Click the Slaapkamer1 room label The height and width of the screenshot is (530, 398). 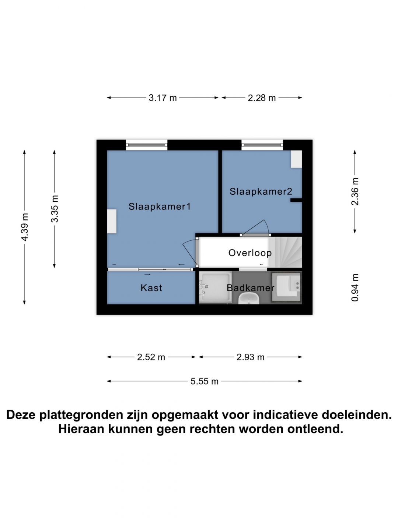point(160,207)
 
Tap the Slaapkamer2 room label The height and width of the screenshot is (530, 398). point(261,191)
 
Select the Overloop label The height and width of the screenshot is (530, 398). point(250,253)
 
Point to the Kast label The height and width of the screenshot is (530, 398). point(151,288)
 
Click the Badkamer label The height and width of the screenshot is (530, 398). point(250,288)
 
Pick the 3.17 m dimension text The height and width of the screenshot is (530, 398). point(163,98)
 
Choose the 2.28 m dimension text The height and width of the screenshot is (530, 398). point(262,98)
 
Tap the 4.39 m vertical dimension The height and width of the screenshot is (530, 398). point(25,227)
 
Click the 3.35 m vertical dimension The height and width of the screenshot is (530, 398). point(55,209)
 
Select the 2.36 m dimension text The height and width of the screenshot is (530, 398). point(355,191)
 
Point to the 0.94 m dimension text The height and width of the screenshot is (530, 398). point(355,287)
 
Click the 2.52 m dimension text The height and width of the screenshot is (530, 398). point(151,357)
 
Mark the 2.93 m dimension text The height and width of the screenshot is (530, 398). point(250,357)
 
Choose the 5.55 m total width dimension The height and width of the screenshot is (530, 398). point(205,381)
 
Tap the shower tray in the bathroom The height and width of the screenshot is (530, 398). point(216,287)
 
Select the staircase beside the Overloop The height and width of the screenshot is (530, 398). point(285,252)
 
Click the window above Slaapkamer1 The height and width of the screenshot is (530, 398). point(147,145)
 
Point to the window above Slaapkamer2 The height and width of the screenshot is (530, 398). point(262,145)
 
